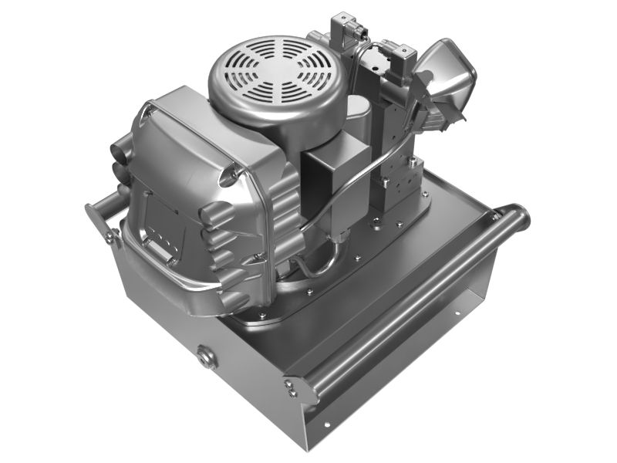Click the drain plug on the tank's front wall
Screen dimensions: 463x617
(206, 357)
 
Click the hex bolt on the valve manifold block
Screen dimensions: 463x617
(413, 162)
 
